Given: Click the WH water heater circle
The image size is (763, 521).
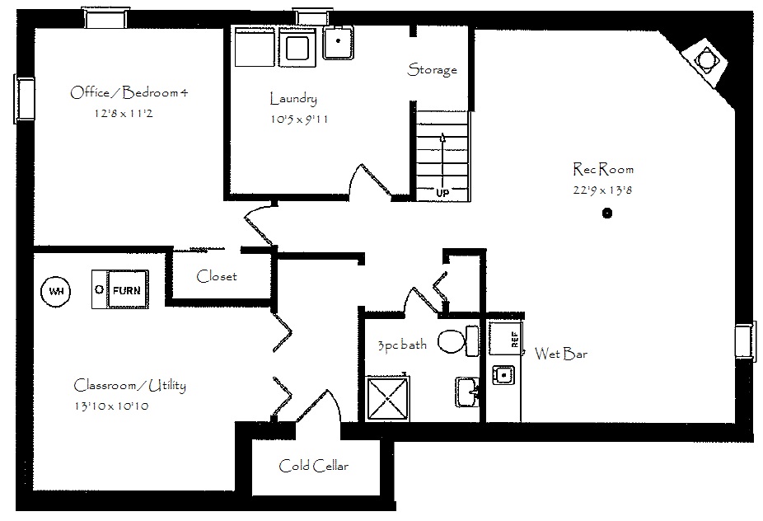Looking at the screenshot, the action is tap(55, 291).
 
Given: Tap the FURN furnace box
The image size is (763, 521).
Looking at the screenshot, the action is tap(120, 289).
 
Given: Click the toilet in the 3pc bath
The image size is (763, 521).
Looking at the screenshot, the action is tap(458, 340).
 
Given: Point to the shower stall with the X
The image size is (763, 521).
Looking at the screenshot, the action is tap(387, 398).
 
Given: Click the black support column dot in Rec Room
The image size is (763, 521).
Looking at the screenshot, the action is tap(606, 213).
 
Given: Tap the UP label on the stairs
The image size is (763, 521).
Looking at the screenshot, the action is tap(442, 193).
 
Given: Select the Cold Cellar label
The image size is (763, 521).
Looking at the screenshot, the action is tap(314, 466).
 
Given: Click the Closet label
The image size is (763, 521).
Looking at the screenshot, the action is tap(217, 276).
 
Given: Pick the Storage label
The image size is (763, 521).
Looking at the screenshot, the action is tap(432, 69).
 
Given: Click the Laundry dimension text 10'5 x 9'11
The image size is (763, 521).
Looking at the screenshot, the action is tap(299, 119).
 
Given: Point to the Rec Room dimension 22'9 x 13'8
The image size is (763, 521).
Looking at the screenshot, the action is tap(602, 190).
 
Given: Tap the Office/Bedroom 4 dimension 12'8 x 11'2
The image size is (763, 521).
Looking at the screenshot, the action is tap(124, 114).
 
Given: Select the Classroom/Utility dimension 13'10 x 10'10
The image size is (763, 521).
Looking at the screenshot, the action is tap(111, 406).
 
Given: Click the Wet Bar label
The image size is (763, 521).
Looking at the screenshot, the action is tap(561, 353).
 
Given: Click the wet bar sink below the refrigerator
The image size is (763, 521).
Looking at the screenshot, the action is tap(503, 375).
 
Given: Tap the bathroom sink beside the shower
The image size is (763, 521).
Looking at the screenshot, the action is tap(467, 392).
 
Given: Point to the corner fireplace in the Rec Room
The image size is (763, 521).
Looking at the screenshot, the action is tap(704, 60).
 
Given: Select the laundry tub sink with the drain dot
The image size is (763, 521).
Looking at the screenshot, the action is tap(339, 42).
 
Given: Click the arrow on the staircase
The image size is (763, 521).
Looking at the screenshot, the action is tap(442, 160).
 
